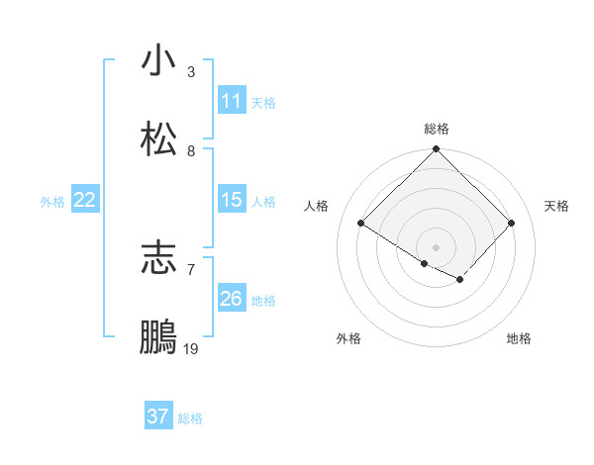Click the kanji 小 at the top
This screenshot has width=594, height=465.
pyautogui.click(x=158, y=60)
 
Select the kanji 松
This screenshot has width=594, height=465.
pyautogui.click(x=158, y=139)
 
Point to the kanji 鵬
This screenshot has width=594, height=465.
pyautogui.click(x=158, y=337)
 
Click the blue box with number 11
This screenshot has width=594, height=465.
pyautogui.click(x=232, y=101)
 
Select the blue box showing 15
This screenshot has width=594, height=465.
pyautogui.click(x=232, y=200)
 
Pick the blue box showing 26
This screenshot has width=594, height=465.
pyautogui.click(x=232, y=299)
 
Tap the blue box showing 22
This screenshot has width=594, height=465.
pyautogui.click(x=85, y=200)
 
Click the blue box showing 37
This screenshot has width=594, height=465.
pyautogui.click(x=158, y=417)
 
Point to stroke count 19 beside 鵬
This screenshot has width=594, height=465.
pyautogui.click(x=191, y=349)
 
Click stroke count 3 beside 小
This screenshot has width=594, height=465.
pyautogui.click(x=191, y=72)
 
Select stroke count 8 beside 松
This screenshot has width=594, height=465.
pyautogui.click(x=191, y=151)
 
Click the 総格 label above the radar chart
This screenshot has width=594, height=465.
pyautogui.click(x=437, y=129)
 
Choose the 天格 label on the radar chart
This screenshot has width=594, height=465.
pyautogui.click(x=556, y=206)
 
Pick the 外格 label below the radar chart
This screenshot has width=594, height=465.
pyautogui.click(x=348, y=338)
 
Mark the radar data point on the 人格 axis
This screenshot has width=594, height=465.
pyautogui.click(x=361, y=223)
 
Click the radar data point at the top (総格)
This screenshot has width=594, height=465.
pyautogui.click(x=437, y=149)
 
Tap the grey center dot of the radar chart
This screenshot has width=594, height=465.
pyautogui.click(x=437, y=246)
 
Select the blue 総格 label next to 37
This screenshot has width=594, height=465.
pyautogui.click(x=190, y=418)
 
